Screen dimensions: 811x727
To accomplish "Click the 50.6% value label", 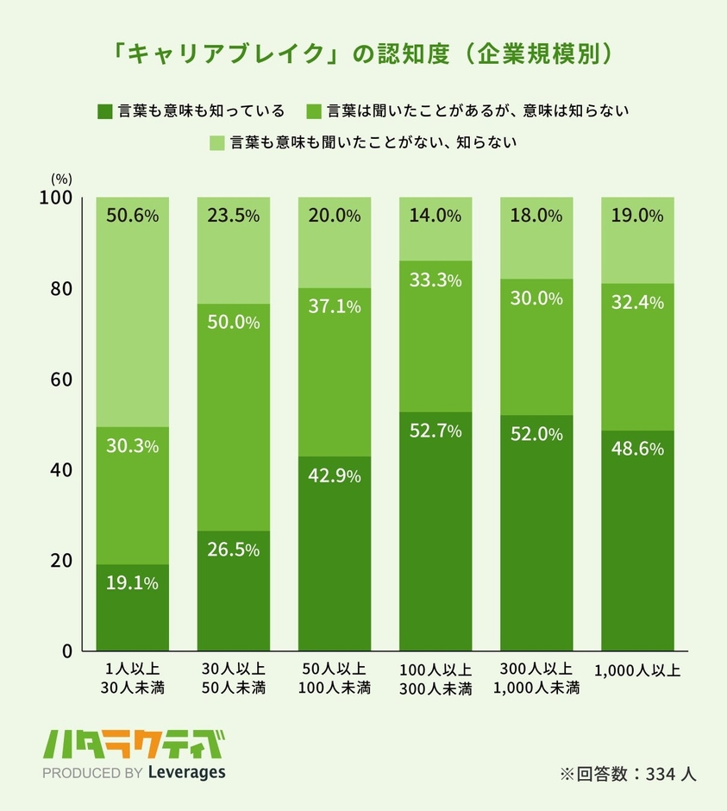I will point(132,216).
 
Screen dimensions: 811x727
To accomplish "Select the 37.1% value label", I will point(335,306).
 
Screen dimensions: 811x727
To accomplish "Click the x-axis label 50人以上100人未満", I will point(335,679).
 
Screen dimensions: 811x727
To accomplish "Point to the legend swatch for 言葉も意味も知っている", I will point(104,110).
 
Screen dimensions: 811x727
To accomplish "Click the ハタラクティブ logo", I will point(137,743).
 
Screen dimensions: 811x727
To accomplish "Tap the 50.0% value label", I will point(233,322).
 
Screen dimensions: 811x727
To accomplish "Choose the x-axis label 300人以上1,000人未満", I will point(536,679).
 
